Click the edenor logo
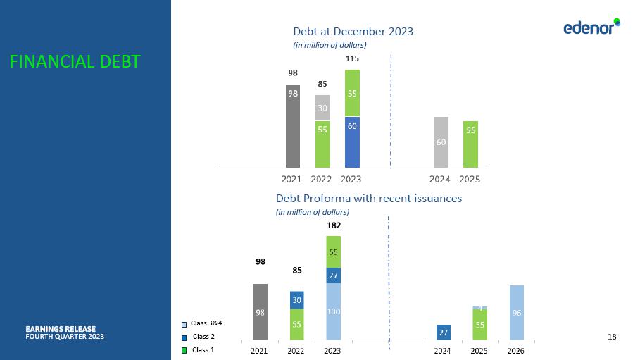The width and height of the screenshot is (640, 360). click(591, 27)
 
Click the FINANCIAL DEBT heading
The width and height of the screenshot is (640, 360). click(75, 62)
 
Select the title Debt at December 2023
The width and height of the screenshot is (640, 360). click(353, 31)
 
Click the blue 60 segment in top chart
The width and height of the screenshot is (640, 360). click(352, 142)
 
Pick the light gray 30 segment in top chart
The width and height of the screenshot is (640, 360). click(322, 108)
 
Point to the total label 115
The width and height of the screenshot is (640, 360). click(352, 59)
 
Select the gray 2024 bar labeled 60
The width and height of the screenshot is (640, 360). click(441, 142)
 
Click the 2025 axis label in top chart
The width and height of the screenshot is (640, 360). click(470, 179)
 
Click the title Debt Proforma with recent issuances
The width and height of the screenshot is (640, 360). click(369, 198)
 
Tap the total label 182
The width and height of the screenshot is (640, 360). click(333, 225)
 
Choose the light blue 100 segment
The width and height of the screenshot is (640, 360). click(333, 311)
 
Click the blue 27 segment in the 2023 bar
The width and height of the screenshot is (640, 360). click(333, 275)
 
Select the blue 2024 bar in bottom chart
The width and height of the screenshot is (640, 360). click(443, 331)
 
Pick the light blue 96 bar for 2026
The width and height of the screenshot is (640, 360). click(516, 312)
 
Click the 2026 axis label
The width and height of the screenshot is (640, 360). click(516, 350)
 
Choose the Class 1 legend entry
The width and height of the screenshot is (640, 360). click(203, 349)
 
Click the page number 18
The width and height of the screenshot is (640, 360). click(611, 337)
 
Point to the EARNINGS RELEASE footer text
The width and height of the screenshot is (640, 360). click(65, 328)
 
